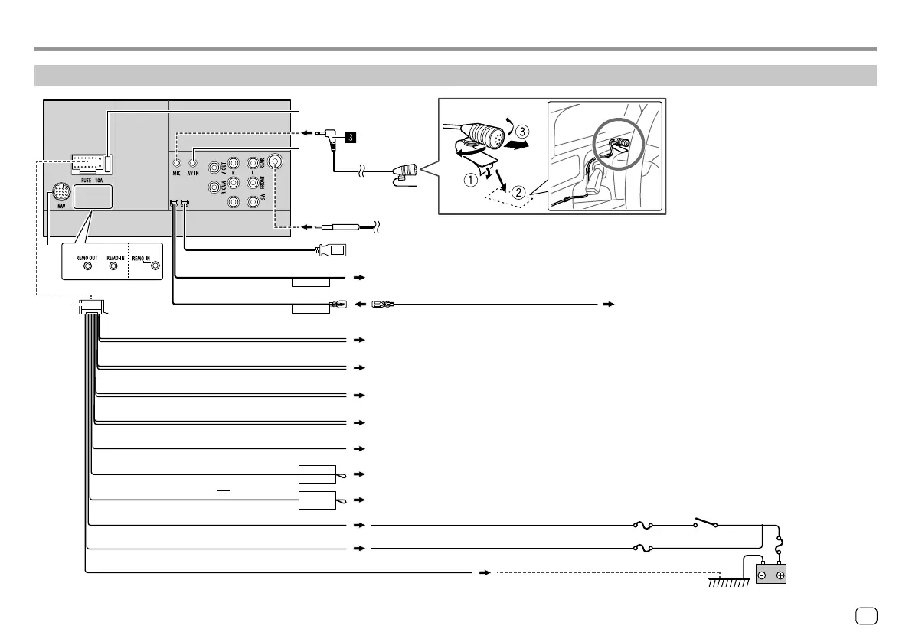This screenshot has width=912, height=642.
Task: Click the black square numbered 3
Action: coord(349,138)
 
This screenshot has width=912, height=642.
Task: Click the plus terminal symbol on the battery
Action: coord(780,575)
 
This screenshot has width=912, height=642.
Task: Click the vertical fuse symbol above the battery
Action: coord(779,549)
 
